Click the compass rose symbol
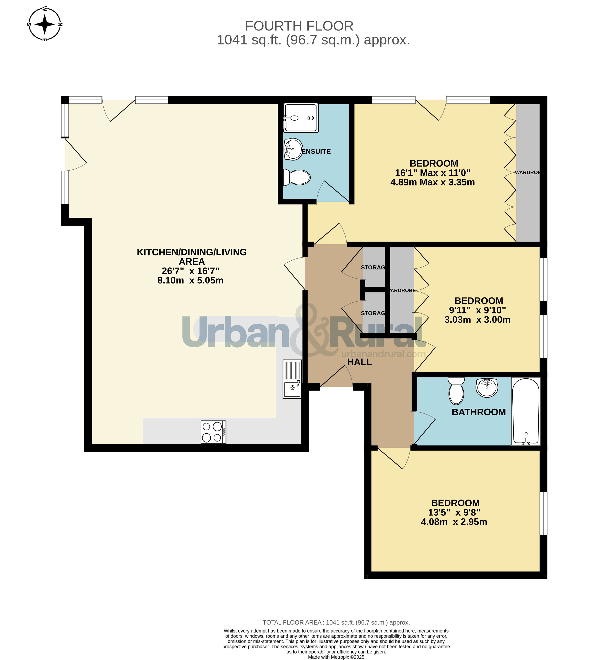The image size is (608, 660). [x=45, y=24]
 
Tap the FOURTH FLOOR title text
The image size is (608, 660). [x=299, y=26]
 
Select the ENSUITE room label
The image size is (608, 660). [x=316, y=152]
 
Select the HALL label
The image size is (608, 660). [x=360, y=362]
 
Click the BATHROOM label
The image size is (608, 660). [x=479, y=412]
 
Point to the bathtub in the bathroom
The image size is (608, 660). [x=526, y=411]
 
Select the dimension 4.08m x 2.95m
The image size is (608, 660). [x=454, y=522]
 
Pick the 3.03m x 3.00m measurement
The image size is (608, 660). [x=477, y=320]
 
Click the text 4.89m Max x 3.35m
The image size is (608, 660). [x=433, y=182]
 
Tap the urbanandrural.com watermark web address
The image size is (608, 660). [x=383, y=354]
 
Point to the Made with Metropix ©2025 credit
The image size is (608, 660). [x=336, y=657]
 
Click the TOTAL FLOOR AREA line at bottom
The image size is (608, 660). [x=336, y=623]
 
